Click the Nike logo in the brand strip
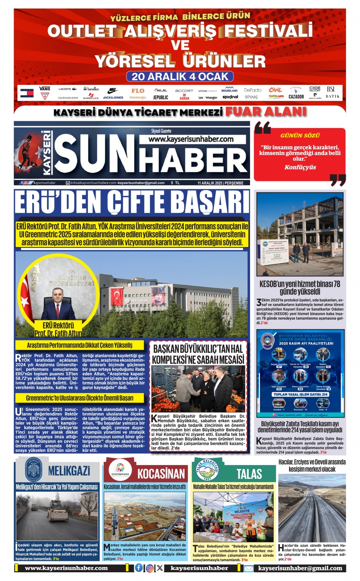[113, 90]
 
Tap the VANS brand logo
[45, 89]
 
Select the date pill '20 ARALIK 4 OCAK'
[180, 77]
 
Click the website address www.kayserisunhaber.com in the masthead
[191, 139]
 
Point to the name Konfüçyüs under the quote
[300, 167]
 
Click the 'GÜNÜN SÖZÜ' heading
[300, 135]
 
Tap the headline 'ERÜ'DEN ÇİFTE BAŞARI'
[132, 202]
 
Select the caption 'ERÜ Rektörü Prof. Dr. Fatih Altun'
[58, 329]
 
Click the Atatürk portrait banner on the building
[158, 296]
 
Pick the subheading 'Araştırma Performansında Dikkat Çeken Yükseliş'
[80, 345]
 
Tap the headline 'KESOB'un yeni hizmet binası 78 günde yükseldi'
[300, 287]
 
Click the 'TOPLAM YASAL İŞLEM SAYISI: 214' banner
[300, 394]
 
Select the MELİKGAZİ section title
[69, 471]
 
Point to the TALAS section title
[249, 473]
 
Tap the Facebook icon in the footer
[139, 568]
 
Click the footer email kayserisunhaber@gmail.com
[300, 568]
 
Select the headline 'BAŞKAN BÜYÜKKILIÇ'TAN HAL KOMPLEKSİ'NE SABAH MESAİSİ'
[198, 354]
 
